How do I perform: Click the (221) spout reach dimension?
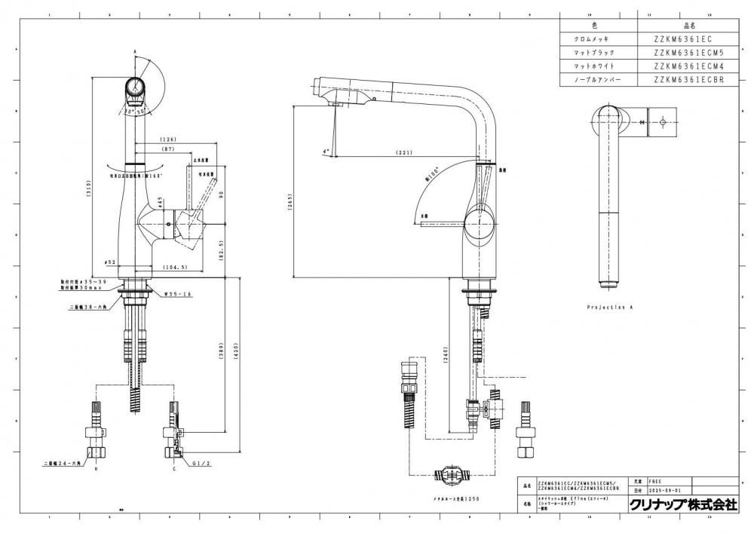coord(405,154)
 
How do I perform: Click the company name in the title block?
coord(683,505)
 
